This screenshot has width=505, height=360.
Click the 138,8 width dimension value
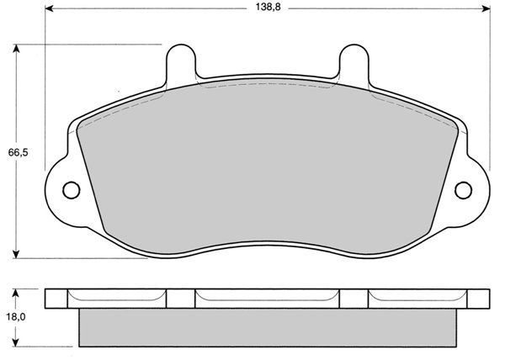pyautogui.click(x=268, y=7)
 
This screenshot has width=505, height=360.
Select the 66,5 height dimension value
pyautogui.click(x=18, y=152)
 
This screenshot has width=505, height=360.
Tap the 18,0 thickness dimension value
pyautogui.click(x=16, y=317)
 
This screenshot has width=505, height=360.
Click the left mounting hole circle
pyautogui.click(x=72, y=190)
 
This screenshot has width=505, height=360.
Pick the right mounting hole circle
pyautogui.click(x=464, y=190)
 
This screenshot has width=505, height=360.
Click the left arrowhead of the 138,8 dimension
pyautogui.click(x=50, y=8)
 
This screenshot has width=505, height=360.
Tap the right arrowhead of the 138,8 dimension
pyautogui.click(x=486, y=8)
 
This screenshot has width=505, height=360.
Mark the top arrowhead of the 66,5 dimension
pyautogui.click(x=16, y=49)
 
